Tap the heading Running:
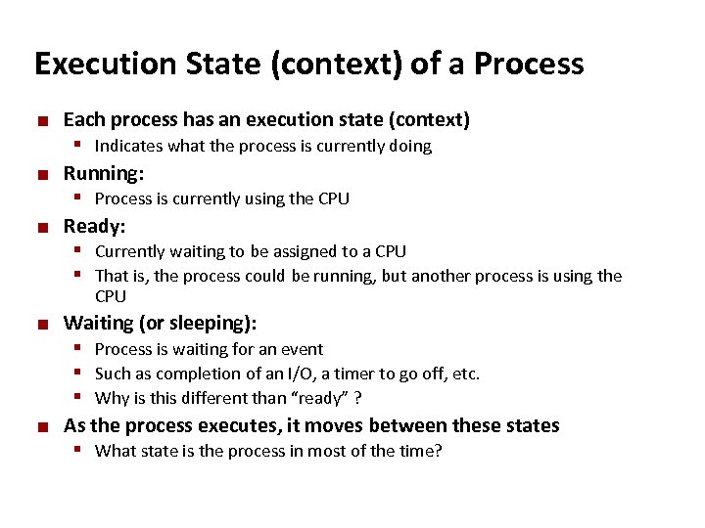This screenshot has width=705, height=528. [x=104, y=174]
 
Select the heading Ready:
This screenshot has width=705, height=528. [x=94, y=227]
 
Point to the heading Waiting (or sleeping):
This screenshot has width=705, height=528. [x=160, y=324]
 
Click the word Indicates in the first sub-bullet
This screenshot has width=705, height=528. [x=129, y=147]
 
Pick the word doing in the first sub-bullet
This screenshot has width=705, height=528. [x=408, y=147]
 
